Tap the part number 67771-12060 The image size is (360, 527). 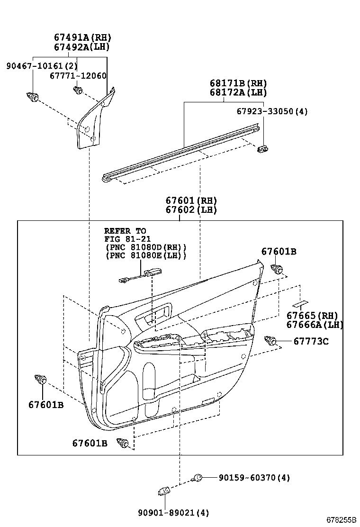(x=79, y=75)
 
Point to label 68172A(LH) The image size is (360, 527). (x=238, y=92)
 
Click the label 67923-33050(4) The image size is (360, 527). (x=272, y=111)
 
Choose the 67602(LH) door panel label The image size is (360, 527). (x=191, y=210)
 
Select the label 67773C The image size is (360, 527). (x=311, y=341)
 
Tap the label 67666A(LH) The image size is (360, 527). (x=315, y=325)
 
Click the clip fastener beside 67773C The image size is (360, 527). (x=271, y=340)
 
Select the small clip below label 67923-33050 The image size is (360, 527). (x=262, y=149)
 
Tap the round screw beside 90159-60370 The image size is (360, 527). (x=198, y=478)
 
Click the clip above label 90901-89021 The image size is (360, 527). (x=163, y=491)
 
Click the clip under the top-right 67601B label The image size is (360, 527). (x=277, y=270)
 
